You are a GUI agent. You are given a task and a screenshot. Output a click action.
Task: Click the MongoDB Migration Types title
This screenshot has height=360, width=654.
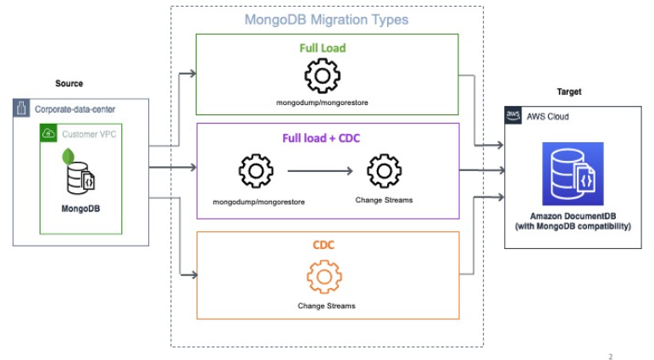[326, 19]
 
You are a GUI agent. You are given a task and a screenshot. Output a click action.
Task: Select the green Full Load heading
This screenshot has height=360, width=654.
[326, 47]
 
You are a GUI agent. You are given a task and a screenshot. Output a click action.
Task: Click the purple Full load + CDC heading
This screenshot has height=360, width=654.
[326, 138]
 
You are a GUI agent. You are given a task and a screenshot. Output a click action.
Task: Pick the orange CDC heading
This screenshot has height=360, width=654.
[326, 246]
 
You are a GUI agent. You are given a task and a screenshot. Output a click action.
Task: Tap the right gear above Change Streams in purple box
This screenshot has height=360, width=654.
[383, 171]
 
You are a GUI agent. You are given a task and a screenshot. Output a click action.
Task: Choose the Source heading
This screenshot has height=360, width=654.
[69, 83]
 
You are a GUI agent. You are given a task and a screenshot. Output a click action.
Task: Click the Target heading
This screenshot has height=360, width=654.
[568, 91]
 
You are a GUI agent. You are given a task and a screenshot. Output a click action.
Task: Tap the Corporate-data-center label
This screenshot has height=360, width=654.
[74, 109]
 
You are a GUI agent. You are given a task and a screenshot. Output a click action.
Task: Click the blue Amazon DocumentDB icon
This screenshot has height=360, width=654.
[573, 174]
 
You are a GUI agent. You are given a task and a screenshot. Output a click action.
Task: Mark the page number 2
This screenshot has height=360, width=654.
[610, 356]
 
